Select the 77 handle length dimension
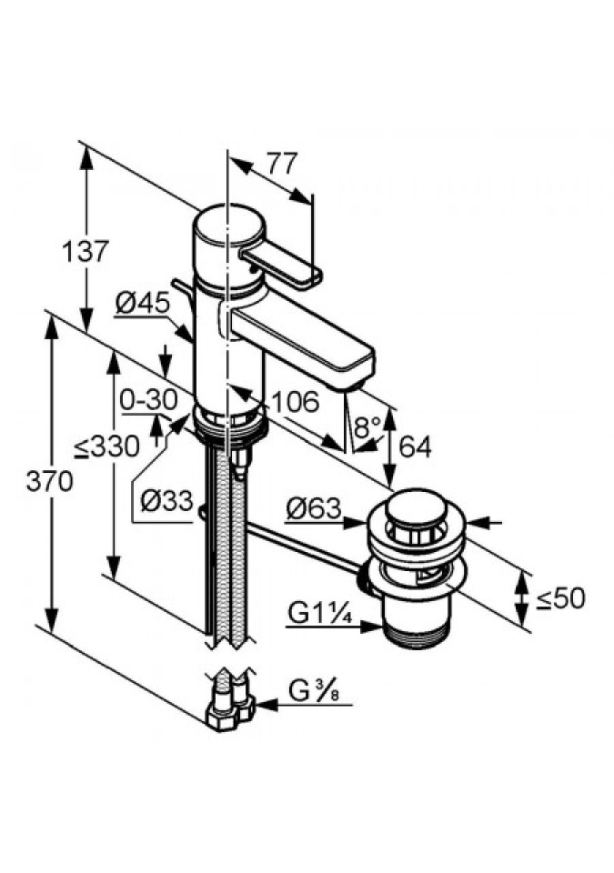[x=282, y=165]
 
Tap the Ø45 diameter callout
[x=143, y=303]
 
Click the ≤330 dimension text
[x=106, y=447]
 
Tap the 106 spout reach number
[x=294, y=401]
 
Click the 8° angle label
[x=366, y=426]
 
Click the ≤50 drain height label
[x=559, y=597]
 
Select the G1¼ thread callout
[x=321, y=614]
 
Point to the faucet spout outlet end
[x=357, y=375]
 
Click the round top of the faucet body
[x=227, y=225]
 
